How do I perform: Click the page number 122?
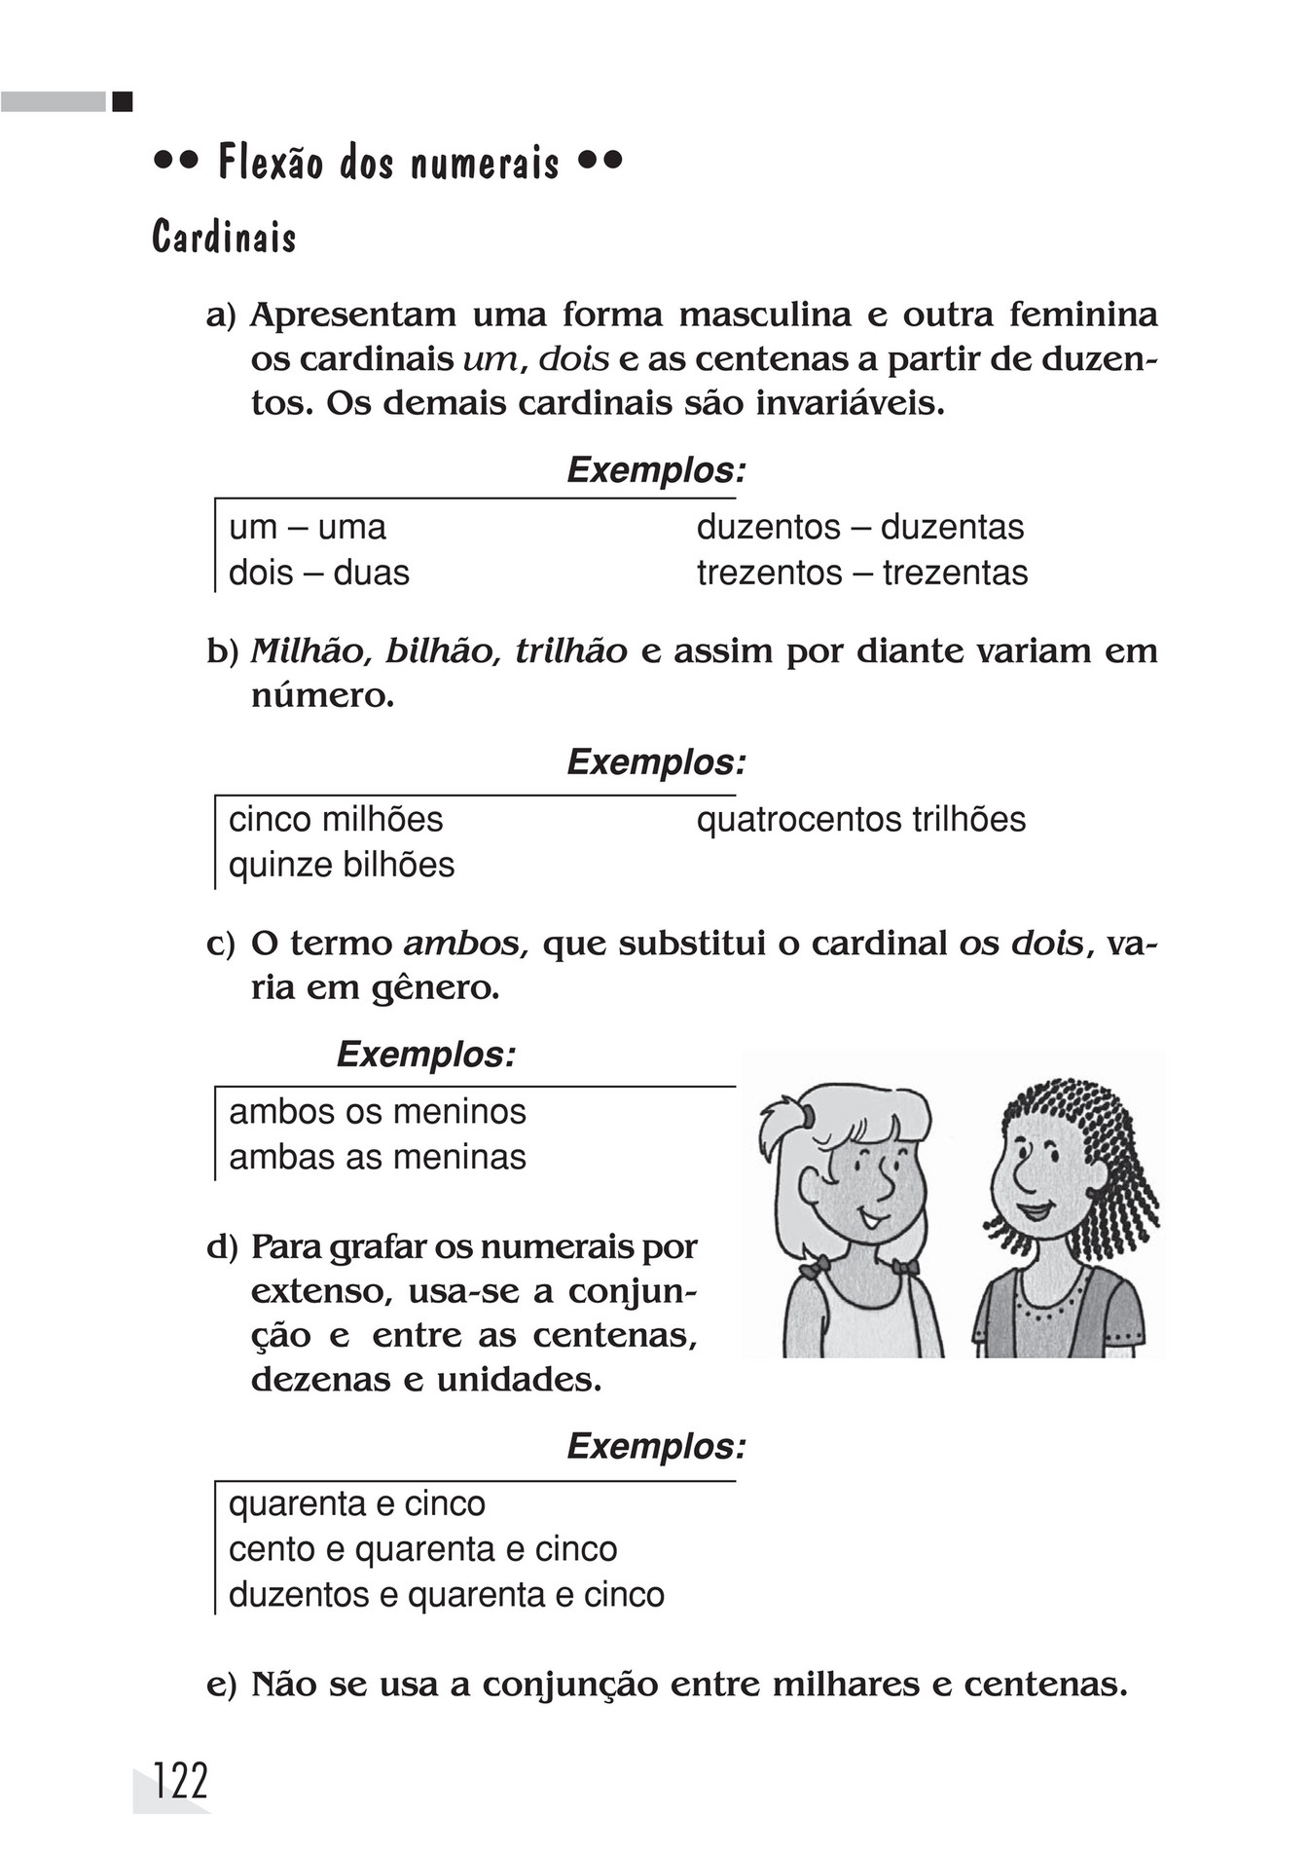tap(181, 1782)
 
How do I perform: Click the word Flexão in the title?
tap(270, 163)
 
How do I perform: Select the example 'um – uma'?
tap(307, 528)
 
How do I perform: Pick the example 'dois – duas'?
tap(318, 573)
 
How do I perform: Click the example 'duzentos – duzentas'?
tap(859, 528)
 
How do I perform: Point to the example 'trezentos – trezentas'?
tap(861, 573)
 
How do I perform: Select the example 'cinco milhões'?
tap(336, 820)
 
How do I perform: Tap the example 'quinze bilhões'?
tap(341, 865)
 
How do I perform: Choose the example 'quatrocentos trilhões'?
tap(860, 820)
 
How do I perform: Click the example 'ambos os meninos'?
tap(377, 1112)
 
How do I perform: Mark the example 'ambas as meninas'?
tap(377, 1158)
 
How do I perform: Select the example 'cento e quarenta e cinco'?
tap(422, 1549)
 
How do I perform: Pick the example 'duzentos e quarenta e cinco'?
tap(446, 1595)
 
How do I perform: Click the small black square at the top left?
tap(122, 101)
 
